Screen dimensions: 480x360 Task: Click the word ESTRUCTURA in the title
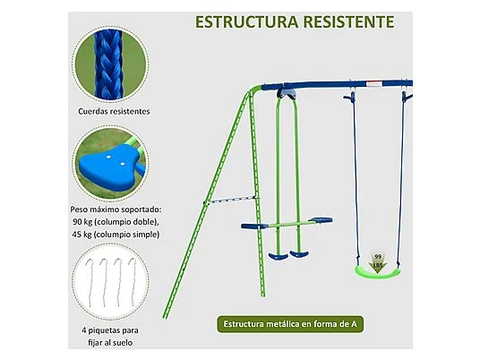coord(246,21)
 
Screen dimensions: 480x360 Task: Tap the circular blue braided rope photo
coord(110,64)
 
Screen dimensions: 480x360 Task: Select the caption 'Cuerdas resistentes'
coord(114,111)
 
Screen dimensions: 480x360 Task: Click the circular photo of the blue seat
coord(110,163)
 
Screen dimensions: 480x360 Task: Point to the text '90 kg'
coord(82,222)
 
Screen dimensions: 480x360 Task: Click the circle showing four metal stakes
coord(110,281)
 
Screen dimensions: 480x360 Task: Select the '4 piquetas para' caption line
coord(110,330)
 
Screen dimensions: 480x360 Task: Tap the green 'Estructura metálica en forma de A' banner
coord(290,324)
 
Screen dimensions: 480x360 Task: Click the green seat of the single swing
coord(377,271)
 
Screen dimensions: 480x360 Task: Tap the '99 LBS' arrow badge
coord(378,263)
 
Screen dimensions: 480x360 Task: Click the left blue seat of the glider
coord(254,227)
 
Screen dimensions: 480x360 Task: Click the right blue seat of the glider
coord(321,219)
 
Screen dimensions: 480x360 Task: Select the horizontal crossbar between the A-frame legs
coord(231,201)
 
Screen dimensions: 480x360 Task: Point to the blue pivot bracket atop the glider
coord(287,94)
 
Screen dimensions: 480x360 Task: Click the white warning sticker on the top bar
coord(374,83)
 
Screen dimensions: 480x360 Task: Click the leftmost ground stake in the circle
coord(90,281)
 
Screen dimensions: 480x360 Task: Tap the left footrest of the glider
coord(279,256)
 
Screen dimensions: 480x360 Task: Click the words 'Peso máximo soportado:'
coord(116,210)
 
